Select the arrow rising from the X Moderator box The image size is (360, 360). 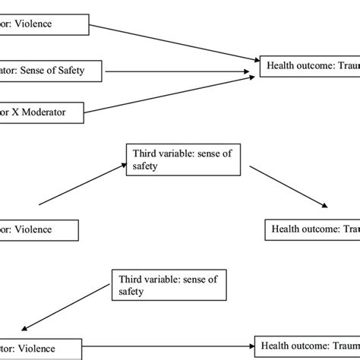[167, 94]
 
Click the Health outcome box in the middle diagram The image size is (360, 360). [312, 229]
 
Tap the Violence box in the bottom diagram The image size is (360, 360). [39, 349]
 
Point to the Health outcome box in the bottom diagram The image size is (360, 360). [307, 346]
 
